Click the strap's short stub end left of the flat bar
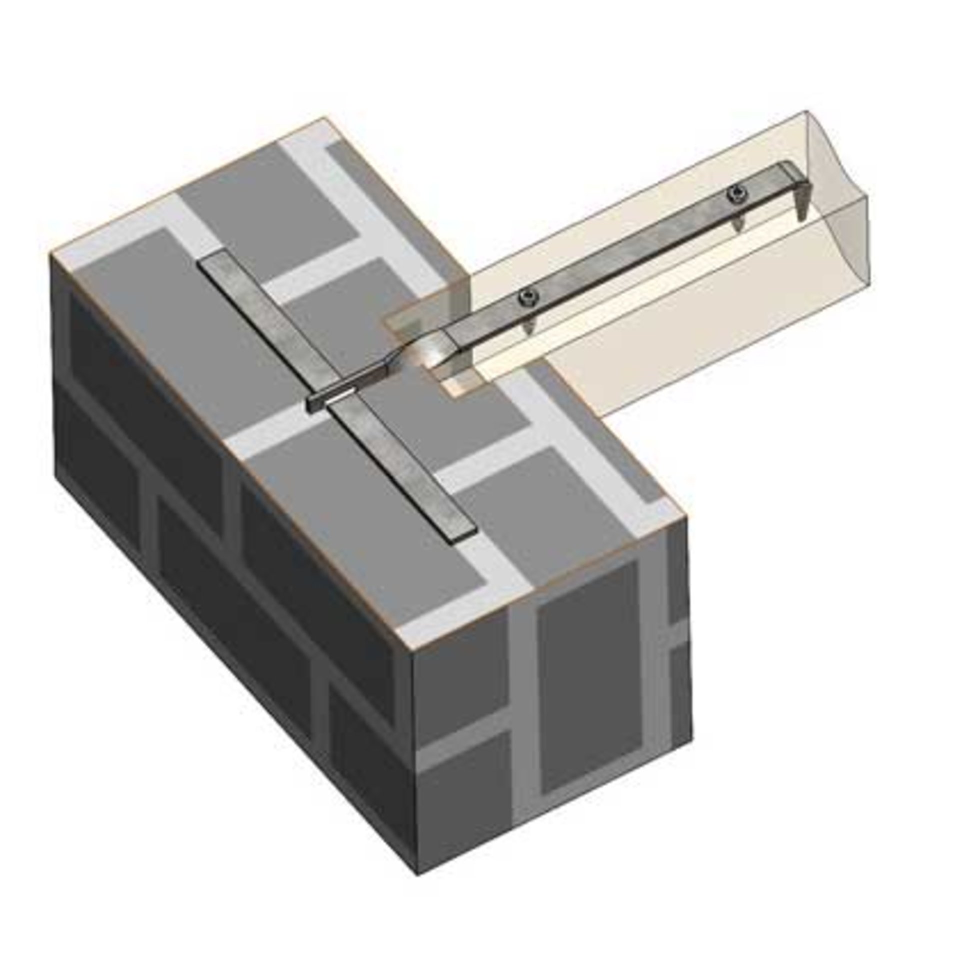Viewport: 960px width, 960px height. tap(314, 404)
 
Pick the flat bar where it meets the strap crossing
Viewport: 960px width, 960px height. tap(345, 405)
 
